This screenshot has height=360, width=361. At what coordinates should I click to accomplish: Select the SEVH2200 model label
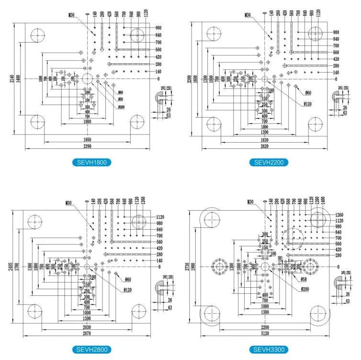coord(269,162)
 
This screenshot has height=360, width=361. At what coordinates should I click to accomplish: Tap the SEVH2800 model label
coord(94,350)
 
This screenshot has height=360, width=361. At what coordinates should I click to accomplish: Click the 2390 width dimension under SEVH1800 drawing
coord(87,145)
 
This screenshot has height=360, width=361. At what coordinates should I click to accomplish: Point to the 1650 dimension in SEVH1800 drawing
coord(87,138)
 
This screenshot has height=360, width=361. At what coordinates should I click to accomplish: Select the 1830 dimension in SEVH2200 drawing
coord(265,139)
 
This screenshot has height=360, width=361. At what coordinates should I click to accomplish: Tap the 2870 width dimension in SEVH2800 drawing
coord(87,332)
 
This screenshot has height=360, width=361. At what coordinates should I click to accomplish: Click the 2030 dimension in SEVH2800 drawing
coord(87,326)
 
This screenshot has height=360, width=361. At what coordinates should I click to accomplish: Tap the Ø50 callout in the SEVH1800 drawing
coord(121,99)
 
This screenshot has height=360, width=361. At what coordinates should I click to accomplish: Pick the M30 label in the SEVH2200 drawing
coord(248,15)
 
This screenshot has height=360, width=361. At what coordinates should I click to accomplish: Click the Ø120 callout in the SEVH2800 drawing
coord(127,290)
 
